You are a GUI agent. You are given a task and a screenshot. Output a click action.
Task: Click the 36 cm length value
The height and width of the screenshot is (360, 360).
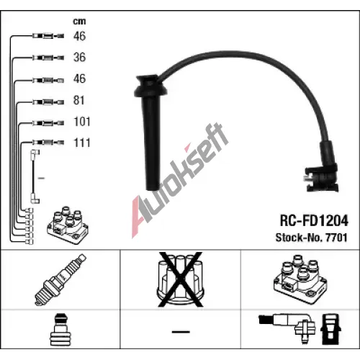[x=79, y=57]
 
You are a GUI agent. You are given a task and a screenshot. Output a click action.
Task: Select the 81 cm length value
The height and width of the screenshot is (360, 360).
[x=79, y=100]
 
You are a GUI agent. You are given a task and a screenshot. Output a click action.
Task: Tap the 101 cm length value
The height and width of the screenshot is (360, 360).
[x=82, y=122]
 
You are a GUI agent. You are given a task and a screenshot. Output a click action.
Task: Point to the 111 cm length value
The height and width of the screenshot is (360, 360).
[x=82, y=143]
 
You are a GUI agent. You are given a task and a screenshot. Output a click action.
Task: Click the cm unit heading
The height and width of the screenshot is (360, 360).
[x=79, y=22]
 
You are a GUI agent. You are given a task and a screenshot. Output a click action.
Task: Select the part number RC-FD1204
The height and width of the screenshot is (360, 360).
[x=314, y=220]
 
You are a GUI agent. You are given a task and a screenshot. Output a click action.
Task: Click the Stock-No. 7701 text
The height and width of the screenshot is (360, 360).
[x=312, y=238]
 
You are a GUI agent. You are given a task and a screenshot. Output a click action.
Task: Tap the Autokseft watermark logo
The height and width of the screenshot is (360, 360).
[x=180, y=180]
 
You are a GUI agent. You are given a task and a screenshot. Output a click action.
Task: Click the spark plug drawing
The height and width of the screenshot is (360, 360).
[x=60, y=280]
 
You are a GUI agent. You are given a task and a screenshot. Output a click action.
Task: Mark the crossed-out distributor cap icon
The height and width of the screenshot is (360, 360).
[x=180, y=279]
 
